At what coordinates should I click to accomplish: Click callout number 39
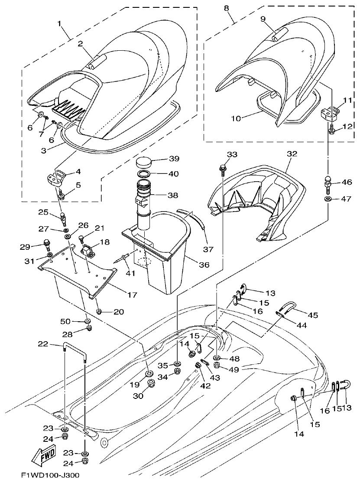174,158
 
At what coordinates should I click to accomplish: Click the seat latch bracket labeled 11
329,114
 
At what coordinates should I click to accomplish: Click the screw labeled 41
123,260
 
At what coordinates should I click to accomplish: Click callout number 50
65,320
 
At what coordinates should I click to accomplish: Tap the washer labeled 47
328,199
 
